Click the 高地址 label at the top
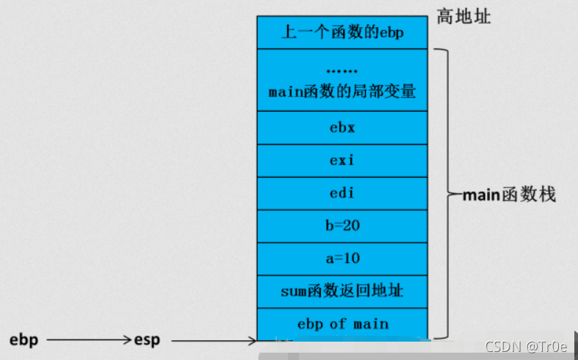click(463, 16)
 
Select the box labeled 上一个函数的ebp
click(342, 32)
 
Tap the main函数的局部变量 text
click(342, 92)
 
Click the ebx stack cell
click(342, 128)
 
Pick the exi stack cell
click(342, 161)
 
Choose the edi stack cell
click(342, 194)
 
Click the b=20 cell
click(342, 226)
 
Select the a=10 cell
click(342, 259)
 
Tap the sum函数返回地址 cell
click(342, 292)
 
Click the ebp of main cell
click(342, 324)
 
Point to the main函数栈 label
click(509, 195)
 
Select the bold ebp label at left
click(24, 340)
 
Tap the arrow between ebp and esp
click(87, 340)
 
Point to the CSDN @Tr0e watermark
click(527, 346)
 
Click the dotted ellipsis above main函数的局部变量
click(342, 72)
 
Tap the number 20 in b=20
click(351, 226)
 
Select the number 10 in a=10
click(351, 259)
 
